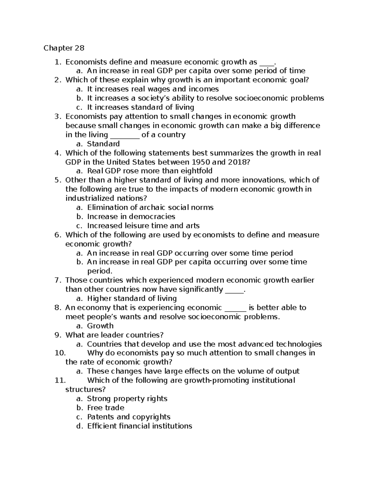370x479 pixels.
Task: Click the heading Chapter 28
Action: tap(64, 48)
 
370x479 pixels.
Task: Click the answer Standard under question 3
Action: tap(103, 144)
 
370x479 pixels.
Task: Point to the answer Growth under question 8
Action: tap(100, 326)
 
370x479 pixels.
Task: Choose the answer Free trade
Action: tap(105, 408)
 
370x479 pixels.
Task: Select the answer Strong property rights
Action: tap(127, 399)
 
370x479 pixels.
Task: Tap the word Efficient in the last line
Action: tap(101, 426)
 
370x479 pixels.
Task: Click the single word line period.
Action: tap(100, 271)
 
